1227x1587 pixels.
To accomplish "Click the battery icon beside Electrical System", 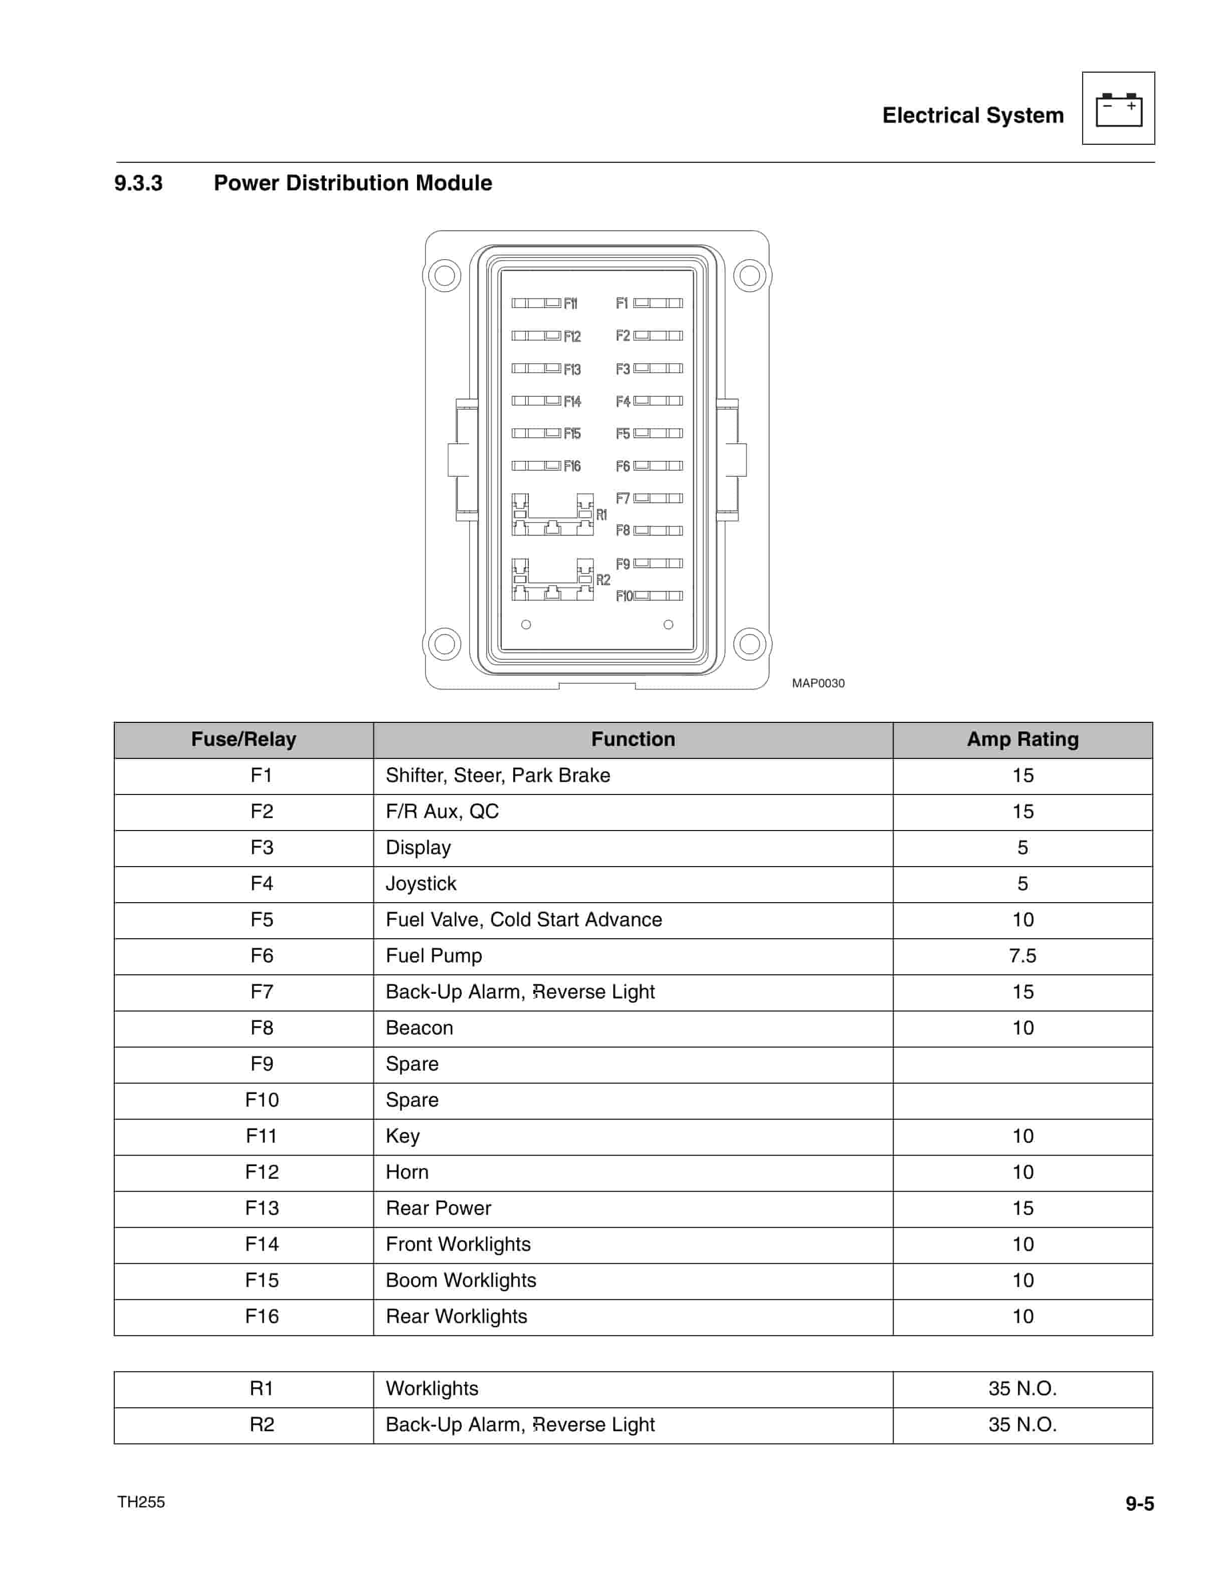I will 1118,109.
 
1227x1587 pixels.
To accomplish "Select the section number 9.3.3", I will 138,183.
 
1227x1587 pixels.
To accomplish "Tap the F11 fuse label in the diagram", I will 570,304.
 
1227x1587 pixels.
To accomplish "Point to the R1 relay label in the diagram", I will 601,514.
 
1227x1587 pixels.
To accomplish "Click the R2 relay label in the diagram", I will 602,580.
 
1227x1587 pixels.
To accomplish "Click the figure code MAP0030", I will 818,683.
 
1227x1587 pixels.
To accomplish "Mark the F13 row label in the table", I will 262,1208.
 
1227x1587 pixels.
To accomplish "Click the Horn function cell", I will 407,1172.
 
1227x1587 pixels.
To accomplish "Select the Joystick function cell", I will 421,884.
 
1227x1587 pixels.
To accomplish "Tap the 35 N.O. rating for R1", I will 1022,1389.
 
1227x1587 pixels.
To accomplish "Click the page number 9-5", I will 1139,1503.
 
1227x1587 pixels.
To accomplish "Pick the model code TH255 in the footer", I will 141,1502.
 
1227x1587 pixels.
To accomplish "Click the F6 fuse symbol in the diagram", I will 658,466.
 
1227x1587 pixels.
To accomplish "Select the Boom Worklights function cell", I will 461,1280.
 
